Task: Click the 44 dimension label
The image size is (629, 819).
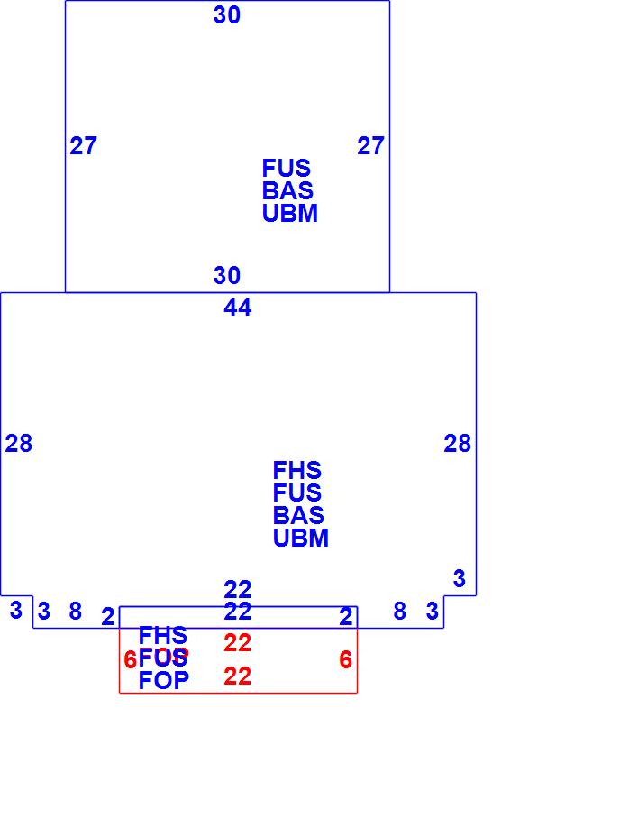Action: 238,308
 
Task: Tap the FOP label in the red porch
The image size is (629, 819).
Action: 164,681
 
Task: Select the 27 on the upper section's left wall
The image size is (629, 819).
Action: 83,146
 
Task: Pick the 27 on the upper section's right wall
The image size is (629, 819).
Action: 370,146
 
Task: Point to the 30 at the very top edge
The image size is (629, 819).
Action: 227,15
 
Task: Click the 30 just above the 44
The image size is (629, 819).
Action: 227,276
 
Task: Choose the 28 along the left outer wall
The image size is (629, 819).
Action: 18,444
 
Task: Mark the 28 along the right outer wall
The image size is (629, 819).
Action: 457,444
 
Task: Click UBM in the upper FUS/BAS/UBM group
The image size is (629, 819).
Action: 289,214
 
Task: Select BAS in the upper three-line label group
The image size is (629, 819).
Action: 287,191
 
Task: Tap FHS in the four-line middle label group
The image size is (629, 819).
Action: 296,471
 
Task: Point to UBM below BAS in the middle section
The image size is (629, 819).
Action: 300,538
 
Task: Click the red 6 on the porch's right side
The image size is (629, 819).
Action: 345,660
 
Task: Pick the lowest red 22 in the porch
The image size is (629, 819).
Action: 237,676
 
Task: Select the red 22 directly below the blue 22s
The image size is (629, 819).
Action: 237,643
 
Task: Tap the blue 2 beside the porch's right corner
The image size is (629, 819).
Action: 346,617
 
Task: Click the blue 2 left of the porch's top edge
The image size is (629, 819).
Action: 108,617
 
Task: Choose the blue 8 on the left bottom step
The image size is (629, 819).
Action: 76,612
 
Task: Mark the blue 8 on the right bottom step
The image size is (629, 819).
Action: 400,612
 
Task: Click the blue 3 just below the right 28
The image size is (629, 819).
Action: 459,579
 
